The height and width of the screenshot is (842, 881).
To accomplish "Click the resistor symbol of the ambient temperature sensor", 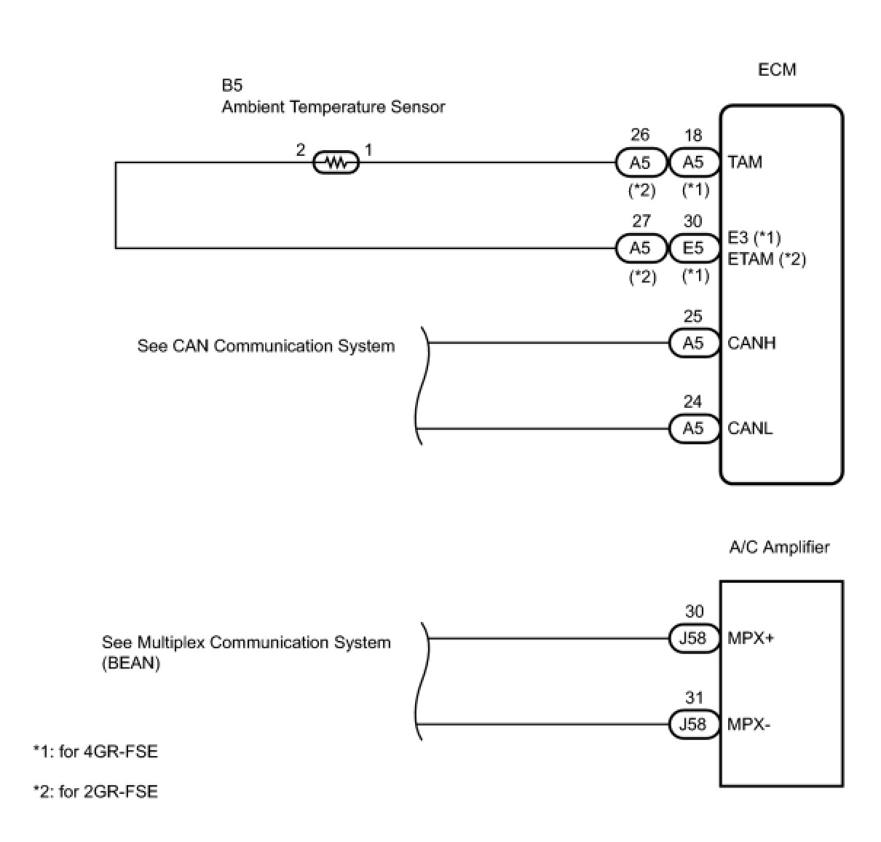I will (x=336, y=162).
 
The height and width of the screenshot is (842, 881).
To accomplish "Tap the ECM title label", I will (x=777, y=70).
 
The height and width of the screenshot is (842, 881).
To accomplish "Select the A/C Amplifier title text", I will (x=779, y=547).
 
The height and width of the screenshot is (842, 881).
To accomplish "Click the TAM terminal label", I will (x=745, y=162).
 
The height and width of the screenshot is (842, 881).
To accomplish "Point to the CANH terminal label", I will (x=751, y=343).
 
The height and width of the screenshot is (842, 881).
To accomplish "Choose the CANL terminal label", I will (x=750, y=428).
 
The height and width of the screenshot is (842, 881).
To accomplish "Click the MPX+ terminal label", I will (x=751, y=639).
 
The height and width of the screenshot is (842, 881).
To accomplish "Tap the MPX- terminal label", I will (x=748, y=725).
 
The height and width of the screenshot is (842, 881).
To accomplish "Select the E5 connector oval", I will (x=694, y=248).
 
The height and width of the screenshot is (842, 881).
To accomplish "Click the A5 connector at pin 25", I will (x=694, y=343).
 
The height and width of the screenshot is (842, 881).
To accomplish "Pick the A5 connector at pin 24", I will (x=694, y=428).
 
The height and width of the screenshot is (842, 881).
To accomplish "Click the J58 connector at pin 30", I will (x=693, y=639).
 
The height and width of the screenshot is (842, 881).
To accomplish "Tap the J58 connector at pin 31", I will (x=693, y=725).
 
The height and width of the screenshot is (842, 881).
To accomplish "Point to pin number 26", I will (x=640, y=135).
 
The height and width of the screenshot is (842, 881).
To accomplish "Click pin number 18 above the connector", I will (x=693, y=135).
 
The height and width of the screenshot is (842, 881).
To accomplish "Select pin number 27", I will (x=641, y=221).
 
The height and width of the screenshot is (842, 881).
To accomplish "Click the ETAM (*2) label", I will (x=767, y=259).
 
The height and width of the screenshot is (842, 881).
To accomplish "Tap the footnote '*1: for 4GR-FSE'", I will (x=95, y=751).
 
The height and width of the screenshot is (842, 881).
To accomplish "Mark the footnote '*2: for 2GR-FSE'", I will (x=95, y=792).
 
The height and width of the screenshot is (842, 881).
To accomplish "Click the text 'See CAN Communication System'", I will (x=266, y=346).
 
